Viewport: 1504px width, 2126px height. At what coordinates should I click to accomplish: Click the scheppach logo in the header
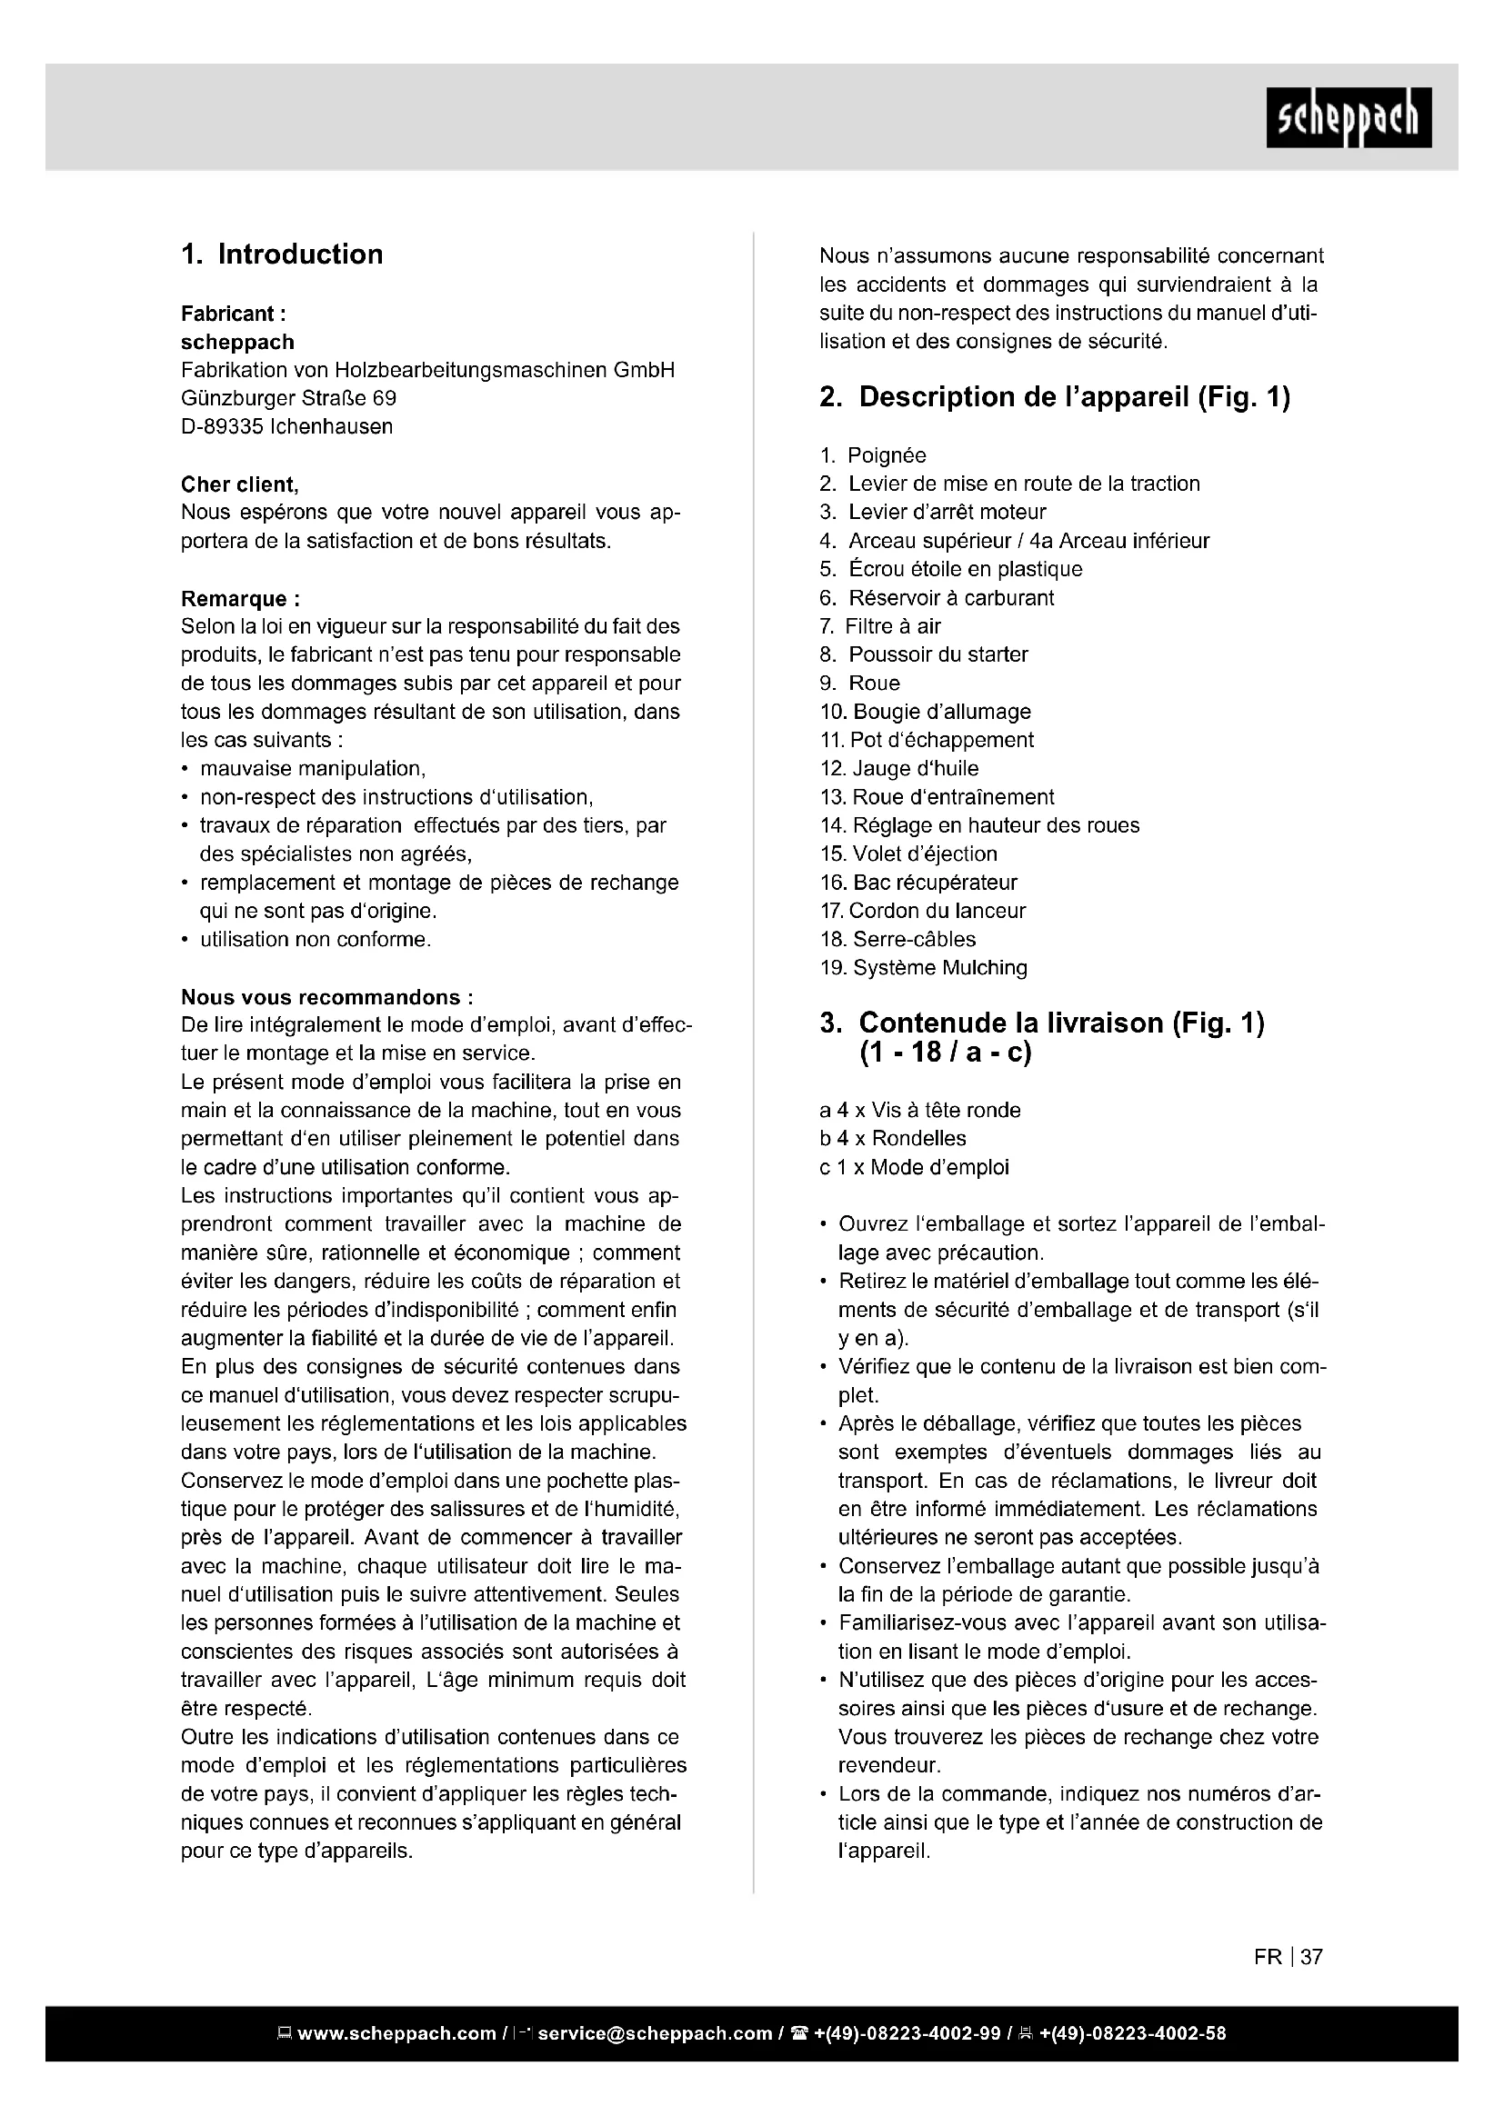(x=1348, y=117)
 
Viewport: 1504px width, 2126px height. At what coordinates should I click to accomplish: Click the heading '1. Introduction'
(x=282, y=255)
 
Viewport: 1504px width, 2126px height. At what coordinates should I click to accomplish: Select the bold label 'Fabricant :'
(x=226, y=314)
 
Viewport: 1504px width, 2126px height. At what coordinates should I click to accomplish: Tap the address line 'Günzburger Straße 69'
(x=288, y=398)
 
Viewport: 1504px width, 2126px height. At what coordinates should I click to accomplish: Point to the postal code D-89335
(x=221, y=427)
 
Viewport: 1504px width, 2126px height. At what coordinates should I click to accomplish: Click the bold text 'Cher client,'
(x=239, y=484)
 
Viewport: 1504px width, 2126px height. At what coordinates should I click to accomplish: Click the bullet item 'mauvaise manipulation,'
(x=312, y=769)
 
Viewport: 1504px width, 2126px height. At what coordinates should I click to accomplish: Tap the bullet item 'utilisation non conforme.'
(x=315, y=940)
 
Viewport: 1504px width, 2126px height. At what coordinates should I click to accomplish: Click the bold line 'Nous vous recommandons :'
(x=327, y=997)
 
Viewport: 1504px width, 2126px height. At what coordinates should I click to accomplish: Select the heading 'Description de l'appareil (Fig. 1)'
(x=1074, y=397)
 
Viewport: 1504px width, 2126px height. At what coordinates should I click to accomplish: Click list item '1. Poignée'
(x=872, y=455)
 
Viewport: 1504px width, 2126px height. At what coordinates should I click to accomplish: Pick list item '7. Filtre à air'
(x=880, y=626)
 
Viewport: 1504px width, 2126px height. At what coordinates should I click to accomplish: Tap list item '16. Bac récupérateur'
(x=917, y=883)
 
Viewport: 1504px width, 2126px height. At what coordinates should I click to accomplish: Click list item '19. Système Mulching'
(x=923, y=968)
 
